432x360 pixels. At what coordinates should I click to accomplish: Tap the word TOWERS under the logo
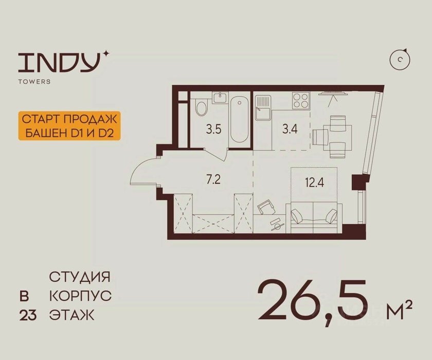click(x=34, y=82)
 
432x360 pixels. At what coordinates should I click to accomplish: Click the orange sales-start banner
click(x=70, y=126)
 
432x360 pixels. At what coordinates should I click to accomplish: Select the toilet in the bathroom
click(x=201, y=107)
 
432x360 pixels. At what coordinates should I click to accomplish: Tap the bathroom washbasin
click(x=220, y=98)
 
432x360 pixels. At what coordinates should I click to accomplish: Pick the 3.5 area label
click(x=214, y=129)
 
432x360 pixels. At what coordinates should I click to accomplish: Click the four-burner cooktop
click(x=300, y=100)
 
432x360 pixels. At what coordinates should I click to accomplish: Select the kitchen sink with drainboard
click(x=263, y=107)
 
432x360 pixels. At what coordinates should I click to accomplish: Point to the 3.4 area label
click(x=290, y=129)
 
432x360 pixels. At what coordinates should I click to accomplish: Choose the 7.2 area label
click(x=213, y=181)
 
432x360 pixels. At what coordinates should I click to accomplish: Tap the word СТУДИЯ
click(x=80, y=277)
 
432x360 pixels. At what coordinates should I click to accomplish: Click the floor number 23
click(x=28, y=315)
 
